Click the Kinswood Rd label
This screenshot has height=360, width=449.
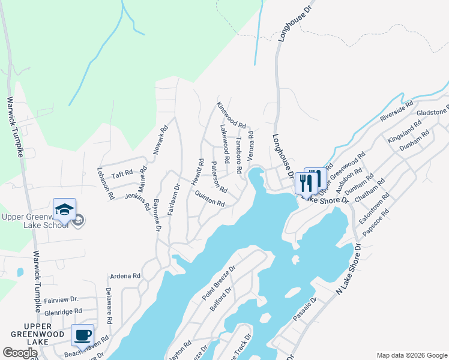coord(232,115)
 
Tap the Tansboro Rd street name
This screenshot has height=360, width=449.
coord(238,157)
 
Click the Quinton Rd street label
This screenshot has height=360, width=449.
coord(209,199)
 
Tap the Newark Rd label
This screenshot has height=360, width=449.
coord(160,140)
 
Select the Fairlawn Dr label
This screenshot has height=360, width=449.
coord(173,199)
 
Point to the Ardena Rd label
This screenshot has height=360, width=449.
coord(125,277)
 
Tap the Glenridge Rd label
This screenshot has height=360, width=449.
coord(62,312)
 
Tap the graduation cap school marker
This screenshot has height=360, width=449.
coord(64,209)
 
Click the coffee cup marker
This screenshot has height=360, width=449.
coord(82,334)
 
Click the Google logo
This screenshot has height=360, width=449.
coord(20,353)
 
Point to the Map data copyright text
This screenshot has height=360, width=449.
coord(411,355)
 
